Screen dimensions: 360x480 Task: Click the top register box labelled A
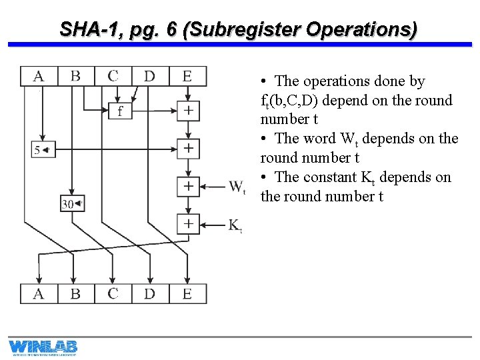tap(39, 76)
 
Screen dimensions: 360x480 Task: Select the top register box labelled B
tap(76, 76)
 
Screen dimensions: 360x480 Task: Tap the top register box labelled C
tap(113, 76)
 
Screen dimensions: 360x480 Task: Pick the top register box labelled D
tap(150, 76)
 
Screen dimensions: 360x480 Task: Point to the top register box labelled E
tap(187, 76)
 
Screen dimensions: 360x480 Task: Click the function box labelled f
tap(120, 111)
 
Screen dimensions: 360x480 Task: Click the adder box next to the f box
tap(189, 111)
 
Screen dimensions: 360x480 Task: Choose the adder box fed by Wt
tap(189, 186)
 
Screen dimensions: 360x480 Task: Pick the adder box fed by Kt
tap(189, 224)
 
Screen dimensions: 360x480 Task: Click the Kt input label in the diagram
tap(235, 226)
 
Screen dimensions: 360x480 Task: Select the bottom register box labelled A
tap(39, 293)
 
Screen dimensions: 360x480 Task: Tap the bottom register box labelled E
tap(187, 293)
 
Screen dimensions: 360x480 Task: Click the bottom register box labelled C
tap(113, 293)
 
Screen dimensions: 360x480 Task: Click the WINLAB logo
tap(43, 347)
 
